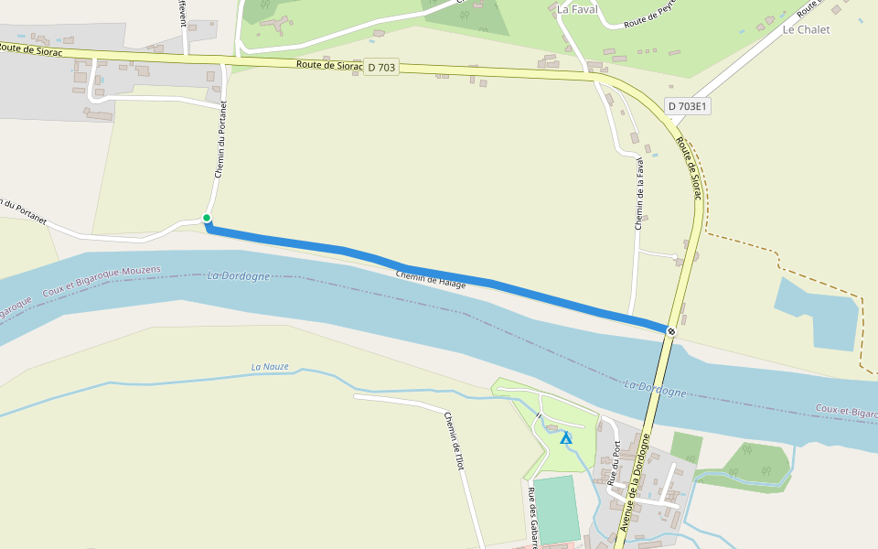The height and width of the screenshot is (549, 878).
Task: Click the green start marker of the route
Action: click(207, 218)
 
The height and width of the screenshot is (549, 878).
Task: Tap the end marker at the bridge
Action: click(671, 330)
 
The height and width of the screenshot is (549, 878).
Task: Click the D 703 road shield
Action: click(382, 67)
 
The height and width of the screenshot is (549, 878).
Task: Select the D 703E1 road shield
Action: click(688, 106)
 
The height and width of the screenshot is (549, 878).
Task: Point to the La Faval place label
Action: click(576, 10)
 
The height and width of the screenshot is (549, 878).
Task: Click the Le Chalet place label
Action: click(806, 29)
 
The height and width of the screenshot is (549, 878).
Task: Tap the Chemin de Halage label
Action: click(431, 280)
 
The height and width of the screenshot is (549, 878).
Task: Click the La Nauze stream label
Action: click(270, 367)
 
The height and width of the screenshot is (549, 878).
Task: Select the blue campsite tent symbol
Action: click(566, 438)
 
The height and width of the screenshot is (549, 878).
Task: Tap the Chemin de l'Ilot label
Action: click(455, 434)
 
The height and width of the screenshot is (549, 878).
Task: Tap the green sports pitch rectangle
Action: click(556, 509)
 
